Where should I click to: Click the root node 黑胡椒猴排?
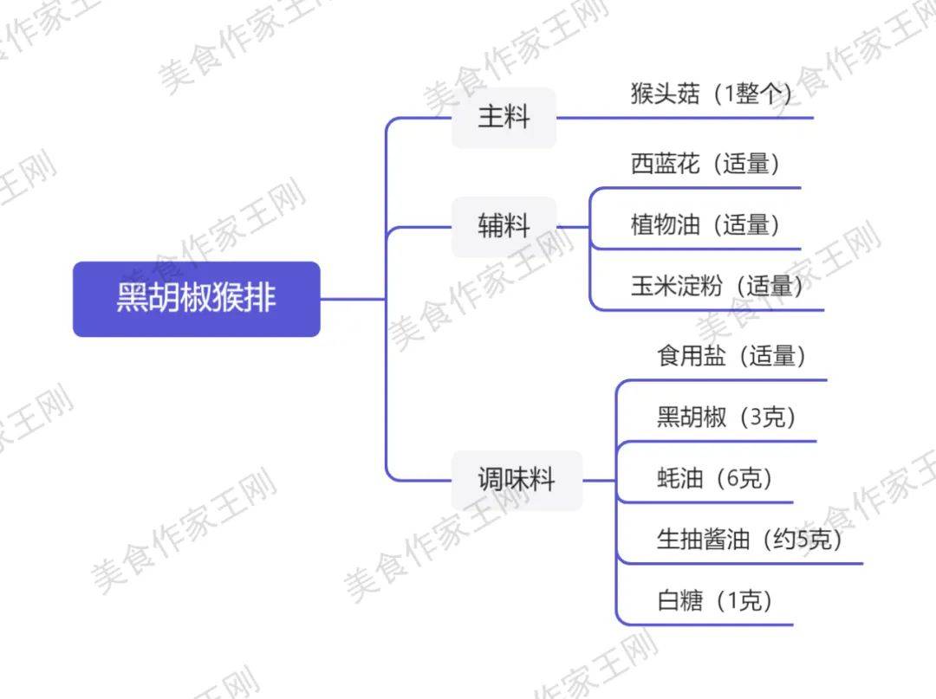pos(197,299)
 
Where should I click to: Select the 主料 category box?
pos(504,118)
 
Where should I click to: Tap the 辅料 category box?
pos(504,227)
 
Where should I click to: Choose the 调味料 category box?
pos(517,480)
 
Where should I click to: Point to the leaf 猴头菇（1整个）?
pos(712,94)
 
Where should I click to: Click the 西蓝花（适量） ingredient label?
pos(705,164)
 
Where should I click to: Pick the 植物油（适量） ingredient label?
pos(705,225)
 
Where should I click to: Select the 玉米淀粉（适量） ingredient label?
pos(717,287)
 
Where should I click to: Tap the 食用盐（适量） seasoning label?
pos(731,356)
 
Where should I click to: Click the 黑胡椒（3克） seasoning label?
pos(726,417)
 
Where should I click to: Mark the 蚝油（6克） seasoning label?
pos(714,478)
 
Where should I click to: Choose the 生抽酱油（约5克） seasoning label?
pos(750,539)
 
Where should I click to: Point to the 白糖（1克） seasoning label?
pos(714,600)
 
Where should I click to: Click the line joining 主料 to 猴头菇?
pos(685,118)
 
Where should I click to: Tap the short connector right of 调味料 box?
pos(599,480)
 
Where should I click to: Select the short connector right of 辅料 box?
pos(573,227)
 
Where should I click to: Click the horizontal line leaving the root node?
pos(353,299)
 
